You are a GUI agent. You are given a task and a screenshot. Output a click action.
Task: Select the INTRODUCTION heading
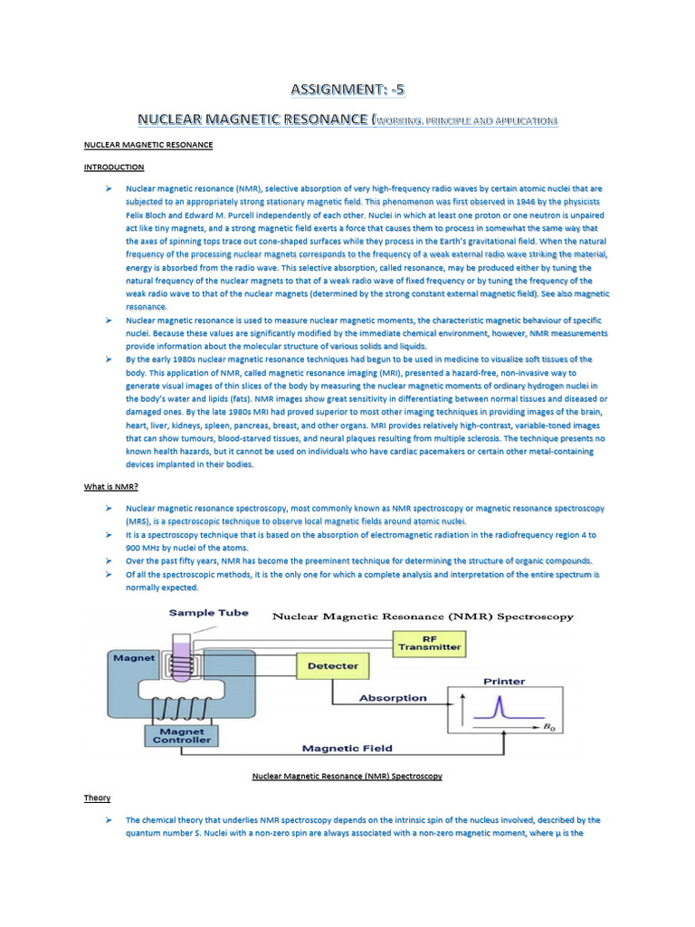click(114, 167)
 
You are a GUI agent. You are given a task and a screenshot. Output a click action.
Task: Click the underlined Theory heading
click(97, 798)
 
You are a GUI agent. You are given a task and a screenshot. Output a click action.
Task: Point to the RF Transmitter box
click(430, 642)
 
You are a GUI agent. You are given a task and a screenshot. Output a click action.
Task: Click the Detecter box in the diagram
click(333, 666)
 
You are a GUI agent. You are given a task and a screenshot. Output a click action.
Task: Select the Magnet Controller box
click(185, 735)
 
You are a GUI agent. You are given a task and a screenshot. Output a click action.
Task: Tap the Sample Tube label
click(208, 613)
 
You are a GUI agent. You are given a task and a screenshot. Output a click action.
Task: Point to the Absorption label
click(393, 698)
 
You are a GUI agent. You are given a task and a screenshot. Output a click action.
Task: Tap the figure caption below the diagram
click(347, 776)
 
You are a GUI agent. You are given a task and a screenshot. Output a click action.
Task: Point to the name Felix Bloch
click(150, 216)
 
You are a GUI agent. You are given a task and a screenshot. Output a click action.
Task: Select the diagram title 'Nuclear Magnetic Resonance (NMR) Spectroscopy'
click(424, 616)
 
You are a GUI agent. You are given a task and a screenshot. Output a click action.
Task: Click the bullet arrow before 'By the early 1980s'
click(108, 359)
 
